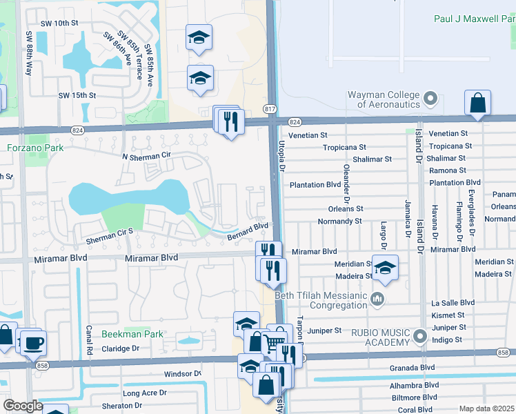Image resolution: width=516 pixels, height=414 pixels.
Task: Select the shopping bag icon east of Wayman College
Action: [477, 103]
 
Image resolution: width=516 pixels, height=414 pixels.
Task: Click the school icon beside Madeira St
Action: [386, 268]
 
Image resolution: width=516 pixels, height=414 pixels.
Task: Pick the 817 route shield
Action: [270, 109]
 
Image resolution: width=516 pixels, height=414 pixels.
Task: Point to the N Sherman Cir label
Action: [146, 157]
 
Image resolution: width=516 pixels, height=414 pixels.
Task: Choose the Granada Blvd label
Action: [413, 368]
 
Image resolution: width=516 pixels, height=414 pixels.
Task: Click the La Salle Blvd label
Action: [453, 302]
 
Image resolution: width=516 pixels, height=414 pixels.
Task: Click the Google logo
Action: [23, 406]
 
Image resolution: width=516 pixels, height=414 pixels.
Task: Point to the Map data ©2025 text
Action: [487, 408]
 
